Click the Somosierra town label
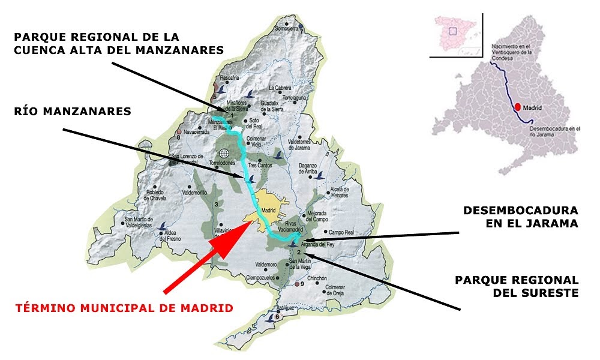point(286,28)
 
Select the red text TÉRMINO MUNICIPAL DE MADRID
point(124,308)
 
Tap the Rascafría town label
point(229,77)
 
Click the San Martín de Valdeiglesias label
point(139,222)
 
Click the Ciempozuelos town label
point(262,277)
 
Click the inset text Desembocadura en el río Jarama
point(556,132)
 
